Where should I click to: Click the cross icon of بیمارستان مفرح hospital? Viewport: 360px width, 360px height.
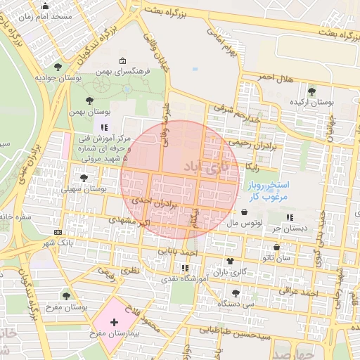[x=115, y=321]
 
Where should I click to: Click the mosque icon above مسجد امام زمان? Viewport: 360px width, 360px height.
[x=46, y=6]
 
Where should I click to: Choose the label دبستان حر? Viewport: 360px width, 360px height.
[x=291, y=228]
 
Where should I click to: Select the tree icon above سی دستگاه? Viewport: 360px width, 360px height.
[x=236, y=294]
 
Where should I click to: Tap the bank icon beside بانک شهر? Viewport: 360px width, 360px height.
[x=57, y=232]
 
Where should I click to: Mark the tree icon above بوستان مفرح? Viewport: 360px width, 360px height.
[x=67, y=296]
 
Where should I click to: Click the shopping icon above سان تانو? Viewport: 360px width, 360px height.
[x=276, y=247]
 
